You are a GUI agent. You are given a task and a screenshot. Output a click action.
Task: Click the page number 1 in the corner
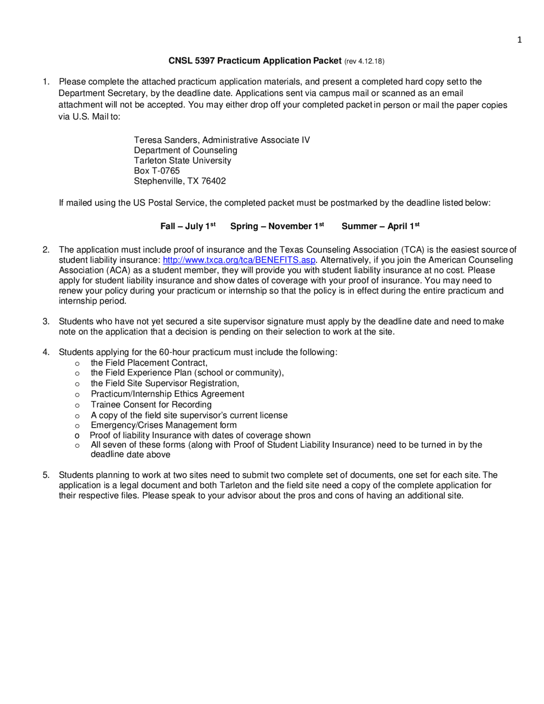[x=519, y=40]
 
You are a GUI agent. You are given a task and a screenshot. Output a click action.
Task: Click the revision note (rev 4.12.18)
[x=364, y=61]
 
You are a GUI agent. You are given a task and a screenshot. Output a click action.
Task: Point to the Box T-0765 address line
[x=157, y=170]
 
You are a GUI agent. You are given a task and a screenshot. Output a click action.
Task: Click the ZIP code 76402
[x=213, y=181]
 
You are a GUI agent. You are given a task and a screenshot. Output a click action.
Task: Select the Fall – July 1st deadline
[x=187, y=226]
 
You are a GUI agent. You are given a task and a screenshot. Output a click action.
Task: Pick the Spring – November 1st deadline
[x=277, y=226]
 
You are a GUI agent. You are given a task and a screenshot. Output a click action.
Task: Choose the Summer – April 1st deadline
[x=380, y=226]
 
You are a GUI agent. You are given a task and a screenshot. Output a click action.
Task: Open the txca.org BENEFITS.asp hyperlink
[x=239, y=260]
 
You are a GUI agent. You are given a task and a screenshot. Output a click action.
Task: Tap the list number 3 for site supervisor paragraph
[x=46, y=321]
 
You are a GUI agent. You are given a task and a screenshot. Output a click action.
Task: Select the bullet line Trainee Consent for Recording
[x=151, y=404]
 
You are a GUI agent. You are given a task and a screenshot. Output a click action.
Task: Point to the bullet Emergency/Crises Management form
[x=164, y=425]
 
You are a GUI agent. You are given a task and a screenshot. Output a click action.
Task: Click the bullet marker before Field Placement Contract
[x=77, y=363]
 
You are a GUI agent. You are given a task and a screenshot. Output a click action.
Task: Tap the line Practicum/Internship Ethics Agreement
[x=167, y=394]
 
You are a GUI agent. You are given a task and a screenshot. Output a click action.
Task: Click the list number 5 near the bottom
[x=46, y=475]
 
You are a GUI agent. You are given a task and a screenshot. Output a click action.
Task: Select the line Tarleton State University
[x=182, y=160]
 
